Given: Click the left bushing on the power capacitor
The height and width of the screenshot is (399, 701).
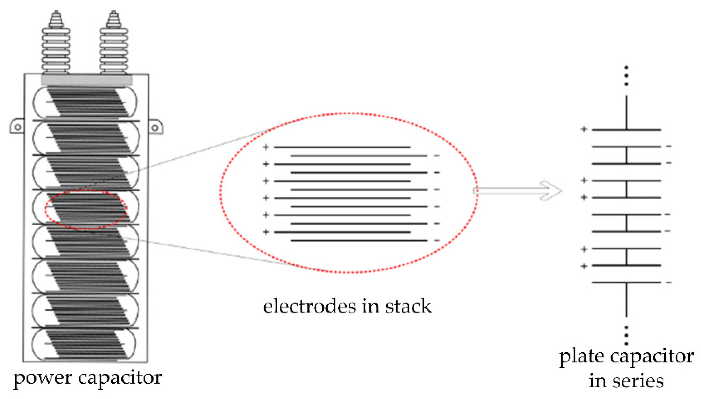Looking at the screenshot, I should pyautogui.click(x=56, y=44).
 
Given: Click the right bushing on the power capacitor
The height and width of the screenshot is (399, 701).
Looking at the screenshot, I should pyautogui.click(x=114, y=44).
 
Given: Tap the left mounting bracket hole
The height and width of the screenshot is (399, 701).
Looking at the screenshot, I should pyautogui.click(x=18, y=127).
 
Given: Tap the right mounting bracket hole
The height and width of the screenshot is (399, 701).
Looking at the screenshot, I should pyautogui.click(x=155, y=128).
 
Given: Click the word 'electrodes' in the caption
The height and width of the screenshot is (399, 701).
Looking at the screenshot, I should pyautogui.click(x=309, y=306).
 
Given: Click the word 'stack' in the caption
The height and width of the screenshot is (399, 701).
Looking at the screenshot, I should pyautogui.click(x=408, y=306).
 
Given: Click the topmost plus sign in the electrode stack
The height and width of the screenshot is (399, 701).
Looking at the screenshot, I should pyautogui.click(x=265, y=147).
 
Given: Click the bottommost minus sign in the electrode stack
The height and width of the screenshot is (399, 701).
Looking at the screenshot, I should pyautogui.click(x=437, y=241).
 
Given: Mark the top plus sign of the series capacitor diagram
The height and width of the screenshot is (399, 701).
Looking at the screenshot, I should pyautogui.click(x=584, y=129).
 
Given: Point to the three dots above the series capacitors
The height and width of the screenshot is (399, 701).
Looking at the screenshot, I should pyautogui.click(x=626, y=76).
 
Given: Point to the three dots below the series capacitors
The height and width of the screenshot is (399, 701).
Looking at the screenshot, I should pyautogui.click(x=626, y=335).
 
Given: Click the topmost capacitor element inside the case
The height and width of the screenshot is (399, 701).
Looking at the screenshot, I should pyautogui.click(x=85, y=103).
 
